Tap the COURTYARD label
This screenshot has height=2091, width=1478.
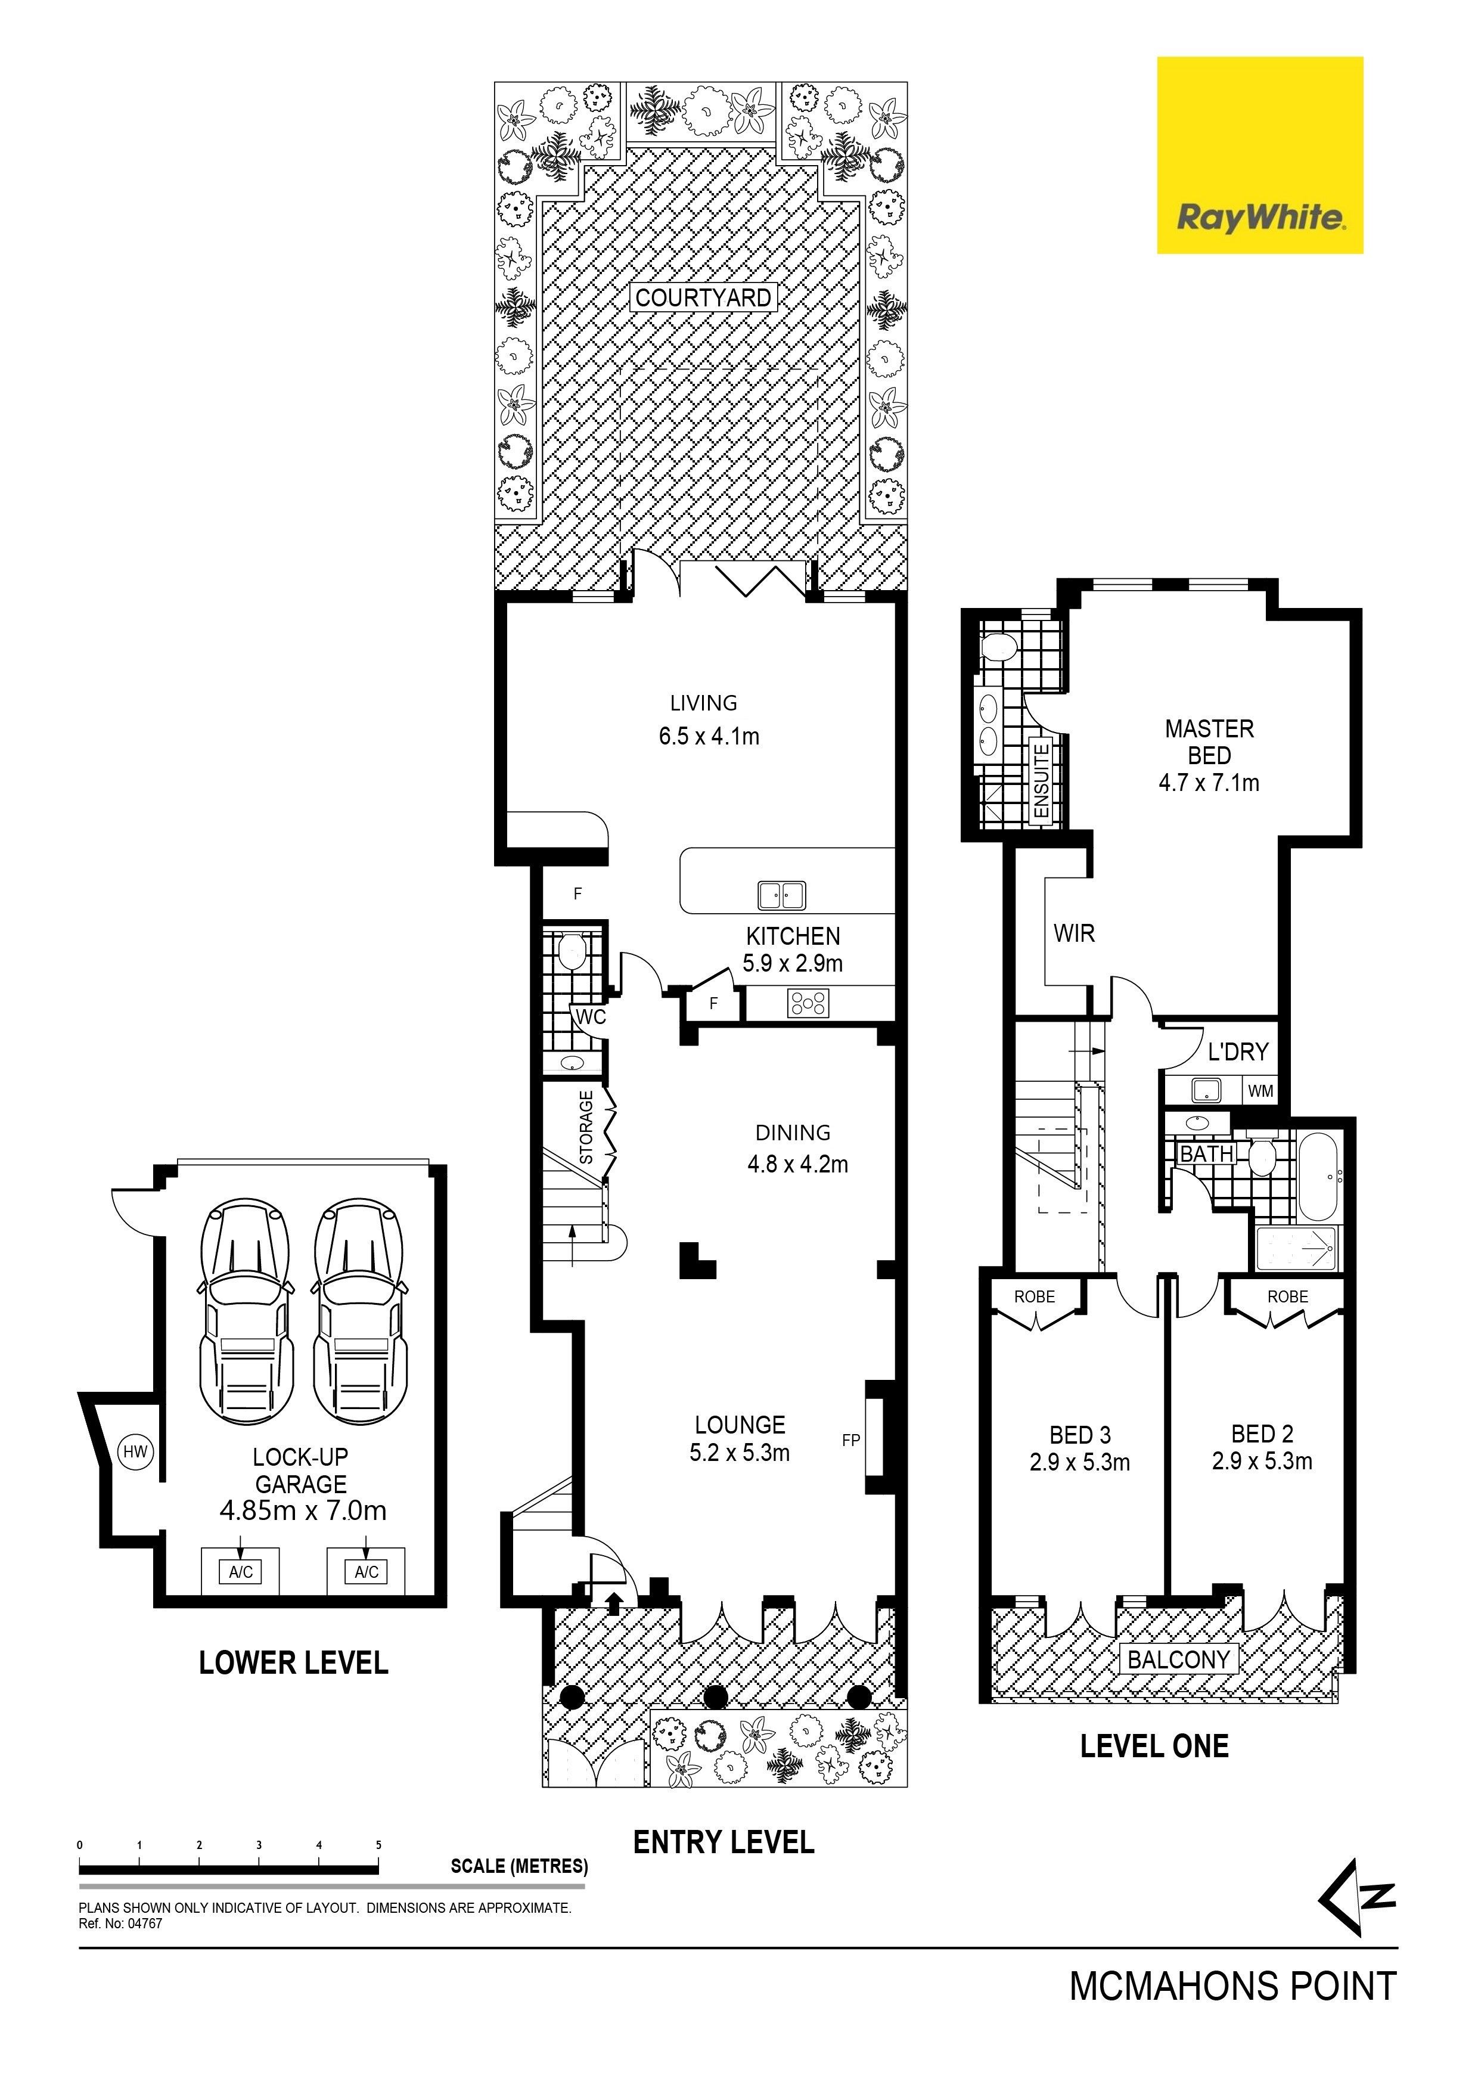[x=703, y=298]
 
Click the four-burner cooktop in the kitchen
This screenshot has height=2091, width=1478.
[x=809, y=1004]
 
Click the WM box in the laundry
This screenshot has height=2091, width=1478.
[x=1260, y=1090]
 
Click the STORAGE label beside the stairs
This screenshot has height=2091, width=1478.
[x=586, y=1128]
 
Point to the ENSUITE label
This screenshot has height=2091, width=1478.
[x=1041, y=780]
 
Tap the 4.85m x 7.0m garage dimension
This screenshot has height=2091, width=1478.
[x=303, y=1511]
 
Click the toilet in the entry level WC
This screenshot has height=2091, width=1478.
[x=571, y=953]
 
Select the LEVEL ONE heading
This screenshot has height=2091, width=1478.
[x=1155, y=1746]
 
